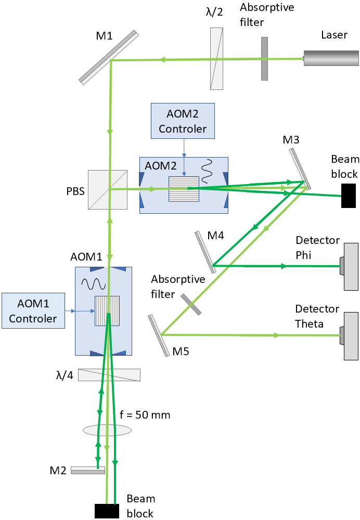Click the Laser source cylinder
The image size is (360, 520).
tap(331, 58)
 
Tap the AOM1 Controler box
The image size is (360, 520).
tap(32, 310)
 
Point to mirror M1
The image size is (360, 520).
tap(109, 57)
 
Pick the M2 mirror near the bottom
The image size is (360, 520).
tap(87, 470)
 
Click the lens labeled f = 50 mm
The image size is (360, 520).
tap(107, 430)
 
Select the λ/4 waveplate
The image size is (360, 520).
tap(109, 375)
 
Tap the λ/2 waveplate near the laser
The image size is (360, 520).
tap(216, 58)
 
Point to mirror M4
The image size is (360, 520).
tap(205, 252)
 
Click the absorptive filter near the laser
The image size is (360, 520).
tap(264, 58)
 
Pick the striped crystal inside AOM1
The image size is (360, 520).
tap(107, 310)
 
